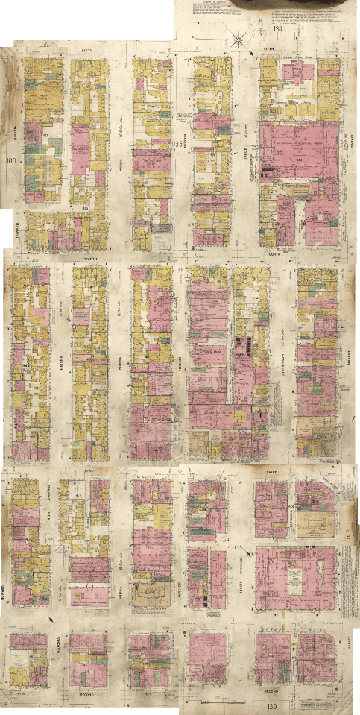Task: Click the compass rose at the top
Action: click(240, 38)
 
